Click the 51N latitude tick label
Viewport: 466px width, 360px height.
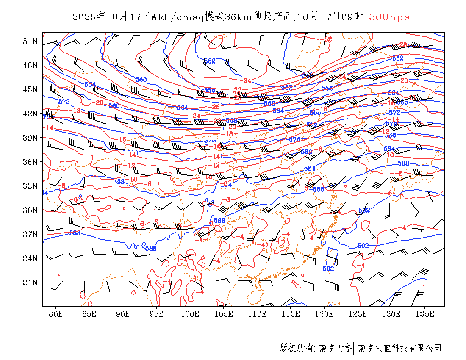coord(30,41)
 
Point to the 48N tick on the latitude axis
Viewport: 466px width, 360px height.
coord(30,65)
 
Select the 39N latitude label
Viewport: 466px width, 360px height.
coord(30,138)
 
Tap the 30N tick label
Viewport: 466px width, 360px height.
coord(30,210)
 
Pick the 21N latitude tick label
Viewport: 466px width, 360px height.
coord(30,282)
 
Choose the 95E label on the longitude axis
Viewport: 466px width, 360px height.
coord(156,314)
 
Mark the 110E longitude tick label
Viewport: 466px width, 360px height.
coord(257,314)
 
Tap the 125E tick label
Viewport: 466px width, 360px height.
coord(358,314)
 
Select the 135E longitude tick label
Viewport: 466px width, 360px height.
coord(425,314)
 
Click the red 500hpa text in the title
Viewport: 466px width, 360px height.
coord(389,17)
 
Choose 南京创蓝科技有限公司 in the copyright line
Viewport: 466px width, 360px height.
coord(400,348)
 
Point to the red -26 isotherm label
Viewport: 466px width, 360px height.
coord(216,107)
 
